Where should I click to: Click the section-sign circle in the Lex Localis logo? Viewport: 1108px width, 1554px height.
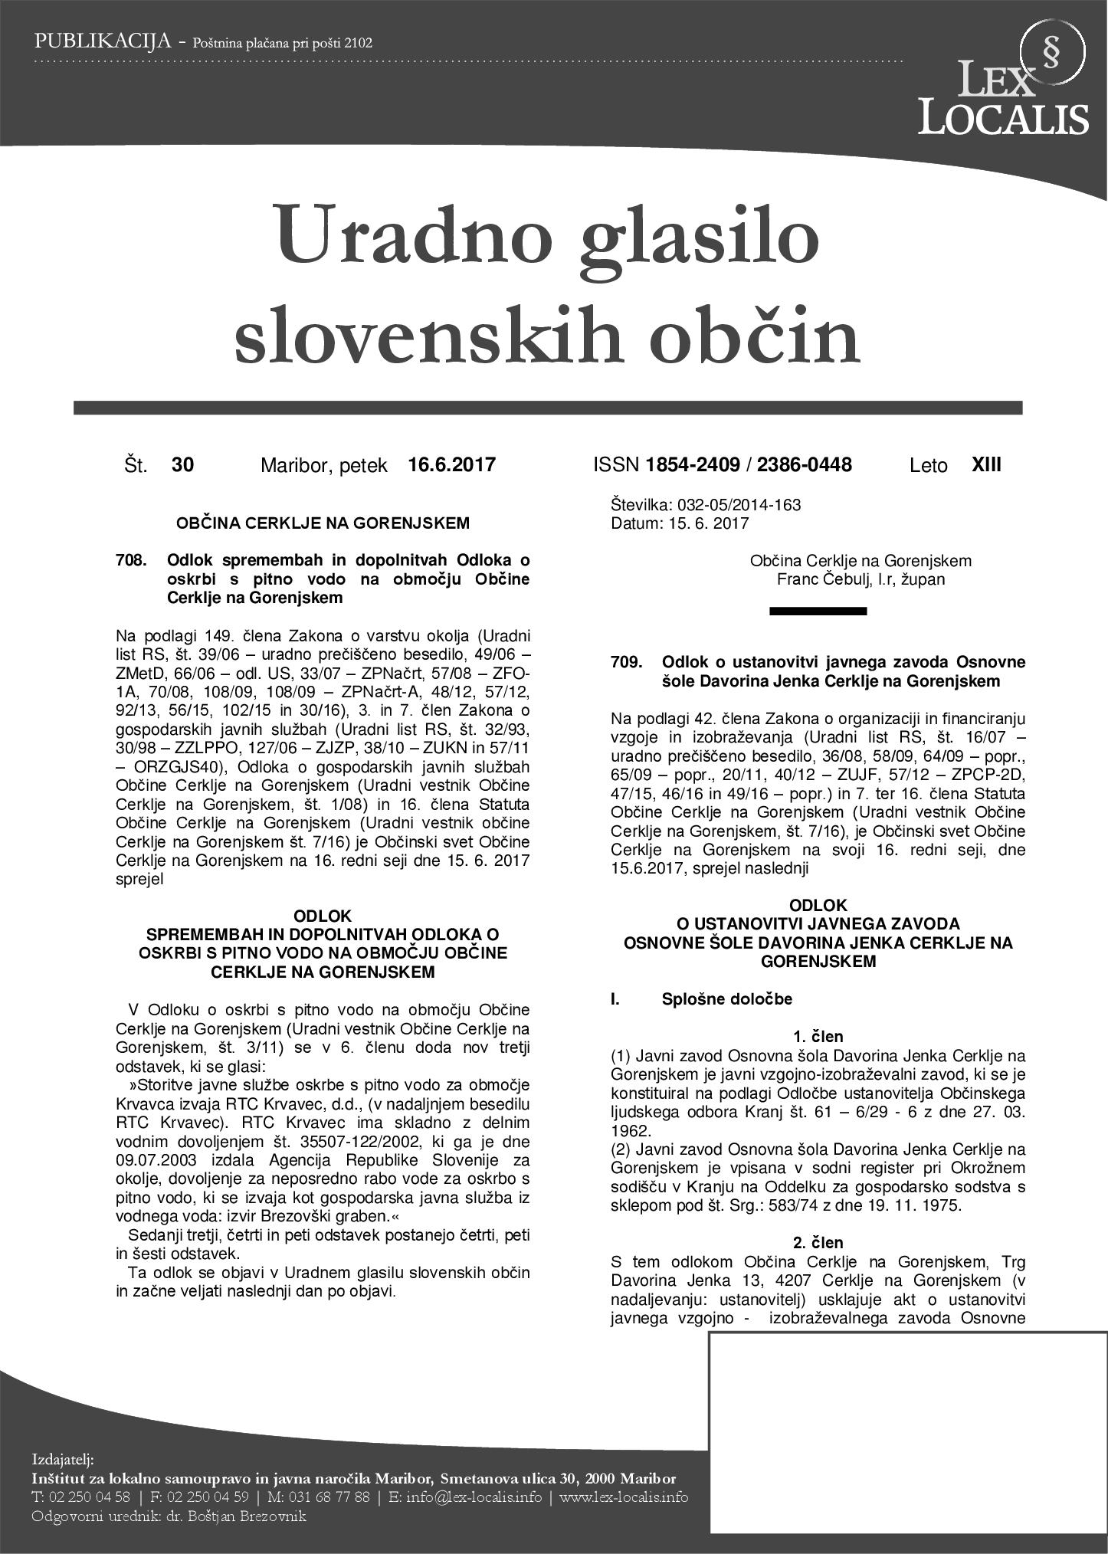tap(1053, 52)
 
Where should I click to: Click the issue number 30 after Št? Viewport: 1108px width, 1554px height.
tap(182, 464)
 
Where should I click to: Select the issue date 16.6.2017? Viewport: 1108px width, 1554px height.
tap(451, 464)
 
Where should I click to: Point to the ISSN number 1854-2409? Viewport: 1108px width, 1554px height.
tap(693, 464)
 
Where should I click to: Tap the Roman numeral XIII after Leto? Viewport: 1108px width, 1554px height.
tap(985, 464)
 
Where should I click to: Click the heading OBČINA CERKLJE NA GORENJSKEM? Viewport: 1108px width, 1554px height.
tap(323, 523)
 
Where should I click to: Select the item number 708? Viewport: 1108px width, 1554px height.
tap(131, 561)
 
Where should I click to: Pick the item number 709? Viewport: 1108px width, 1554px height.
tap(626, 662)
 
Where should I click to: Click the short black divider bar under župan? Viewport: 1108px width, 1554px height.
tap(818, 611)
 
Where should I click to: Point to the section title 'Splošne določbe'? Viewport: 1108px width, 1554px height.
tap(726, 999)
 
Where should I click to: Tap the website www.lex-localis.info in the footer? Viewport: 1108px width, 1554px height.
tap(623, 1497)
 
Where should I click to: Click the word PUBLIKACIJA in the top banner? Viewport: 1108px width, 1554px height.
tap(101, 42)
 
